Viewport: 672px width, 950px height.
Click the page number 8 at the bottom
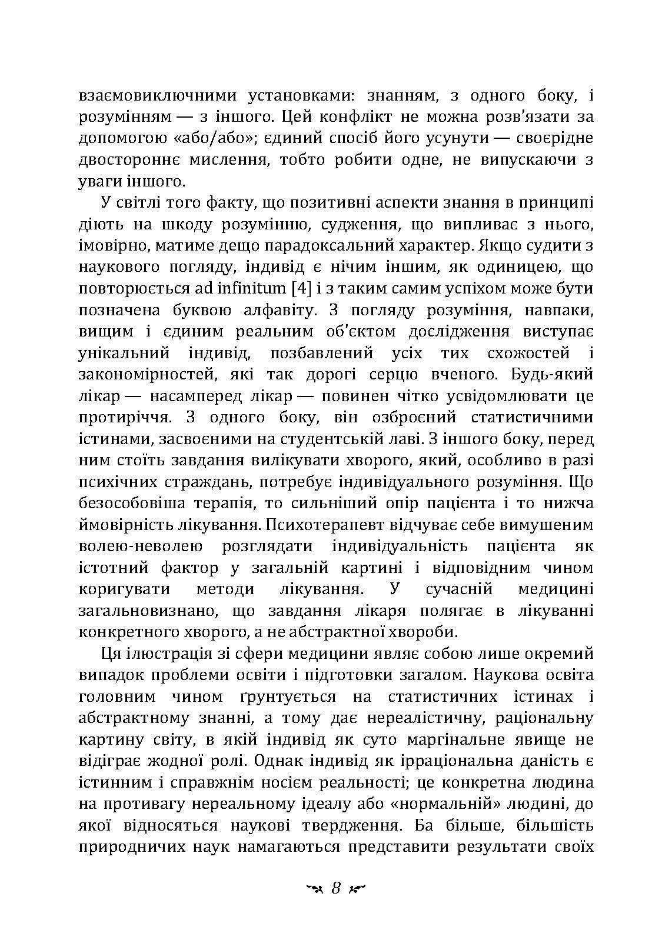coord(336,888)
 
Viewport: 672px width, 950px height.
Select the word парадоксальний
coord(353,246)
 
